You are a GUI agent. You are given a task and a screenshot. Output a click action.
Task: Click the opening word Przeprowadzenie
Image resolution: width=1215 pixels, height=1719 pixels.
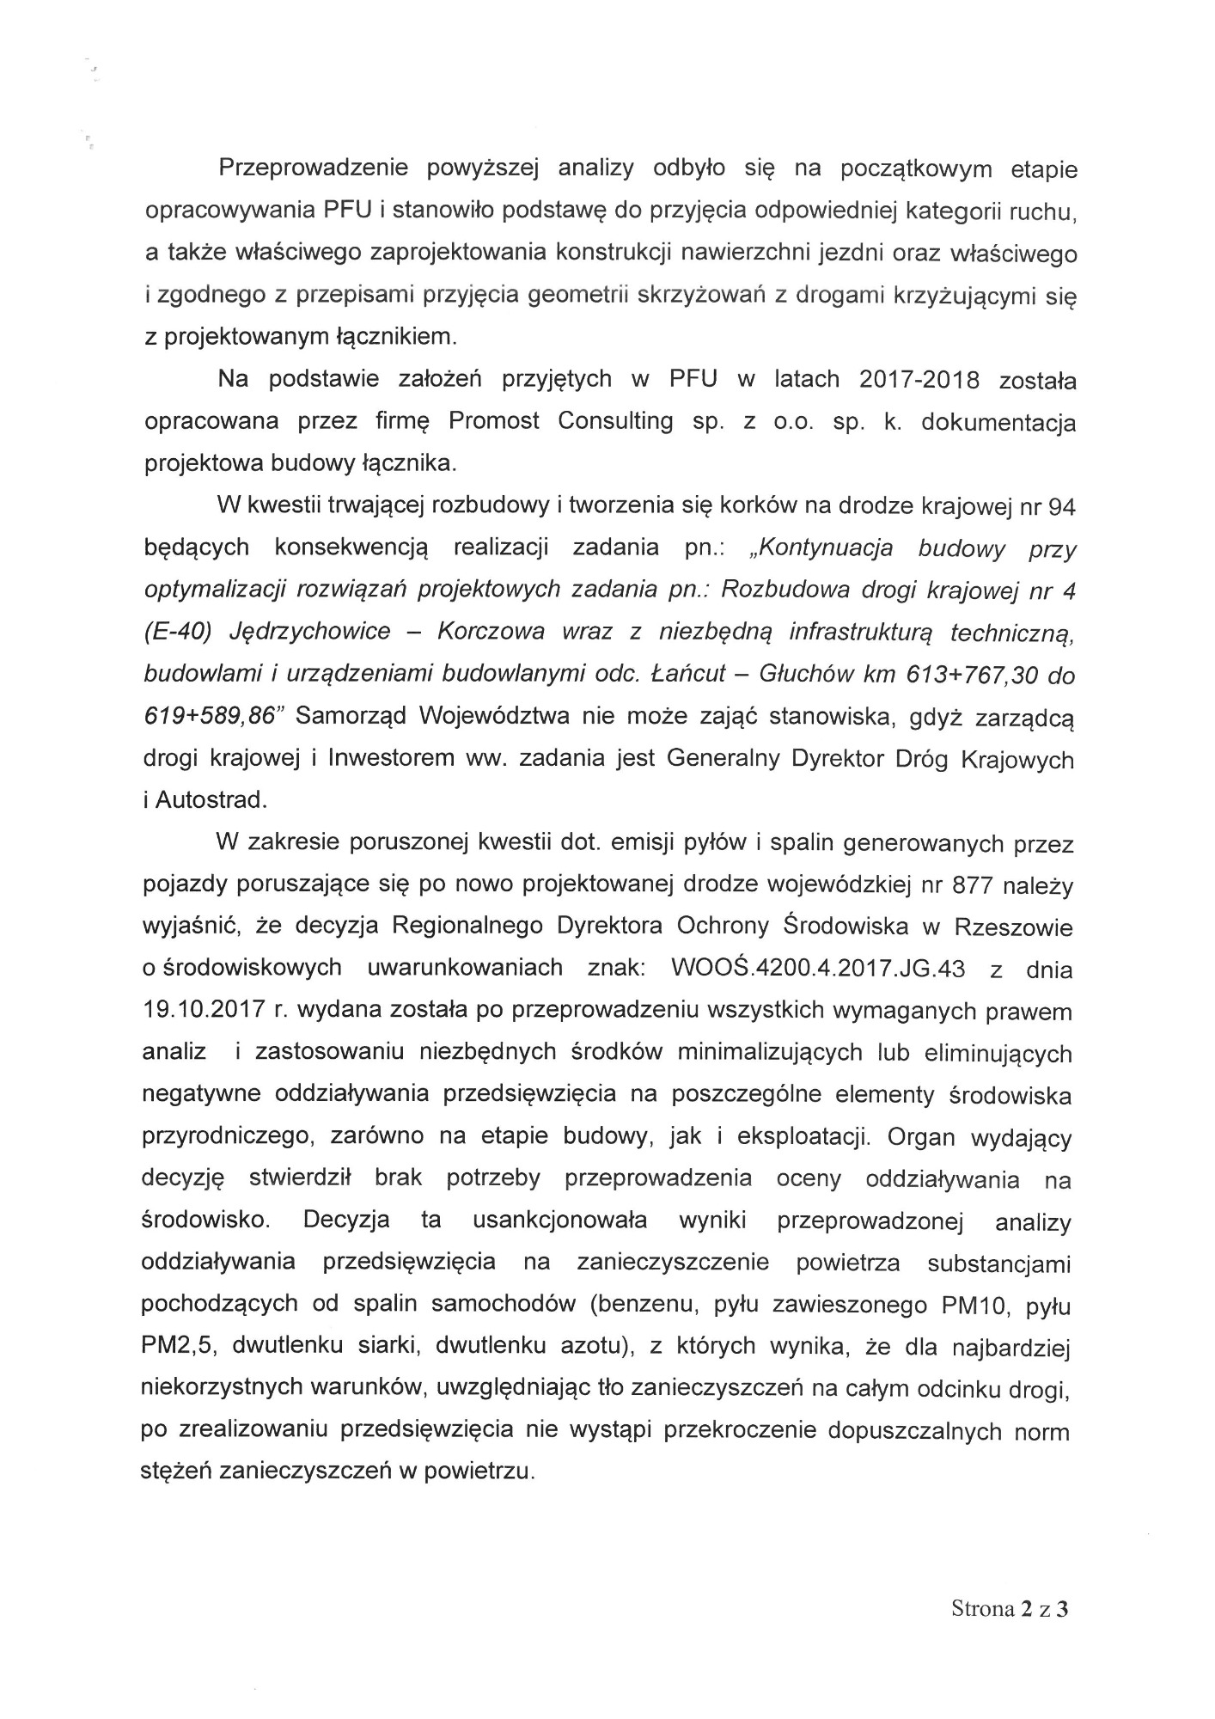[312, 168]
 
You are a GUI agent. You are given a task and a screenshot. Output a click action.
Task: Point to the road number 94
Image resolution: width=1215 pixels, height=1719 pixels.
[1062, 506]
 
